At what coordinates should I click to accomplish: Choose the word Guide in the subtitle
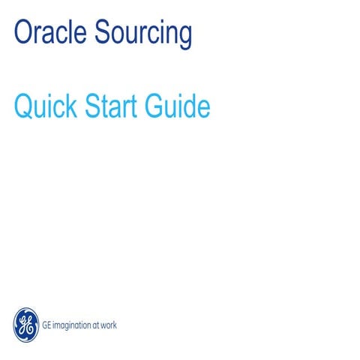pos(180,106)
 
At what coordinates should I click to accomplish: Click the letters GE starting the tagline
pos(46,325)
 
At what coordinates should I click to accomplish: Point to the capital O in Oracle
pos(22,33)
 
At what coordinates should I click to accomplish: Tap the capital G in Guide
pos(160,106)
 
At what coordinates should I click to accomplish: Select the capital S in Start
pos(96,106)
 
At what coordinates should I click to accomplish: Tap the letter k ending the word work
pos(115,325)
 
